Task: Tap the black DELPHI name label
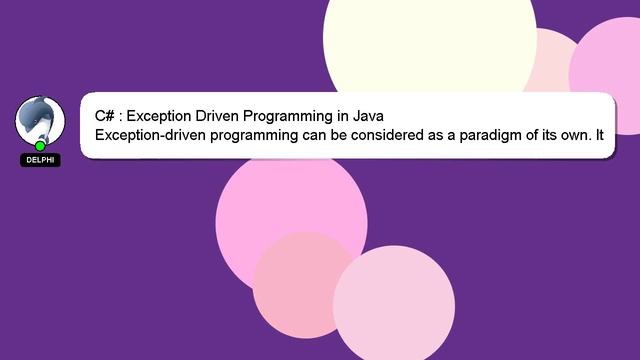(x=40, y=160)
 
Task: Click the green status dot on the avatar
(x=40, y=146)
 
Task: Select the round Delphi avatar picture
(x=39, y=120)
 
